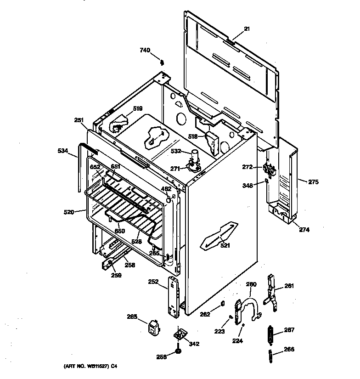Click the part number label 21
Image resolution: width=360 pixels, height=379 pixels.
(247, 28)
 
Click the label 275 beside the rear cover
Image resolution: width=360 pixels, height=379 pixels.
(313, 182)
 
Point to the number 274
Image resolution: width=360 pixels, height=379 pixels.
(304, 229)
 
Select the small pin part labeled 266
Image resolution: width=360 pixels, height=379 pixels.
(271, 355)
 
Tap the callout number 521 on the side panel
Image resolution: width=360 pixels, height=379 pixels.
(225, 245)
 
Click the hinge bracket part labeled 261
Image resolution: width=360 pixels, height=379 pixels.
(272, 292)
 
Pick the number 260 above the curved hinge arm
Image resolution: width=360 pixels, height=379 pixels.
(251, 284)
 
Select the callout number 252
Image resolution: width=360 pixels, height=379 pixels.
(153, 282)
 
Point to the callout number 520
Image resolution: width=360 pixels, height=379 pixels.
(68, 212)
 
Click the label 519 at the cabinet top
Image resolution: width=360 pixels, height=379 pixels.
(138, 108)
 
